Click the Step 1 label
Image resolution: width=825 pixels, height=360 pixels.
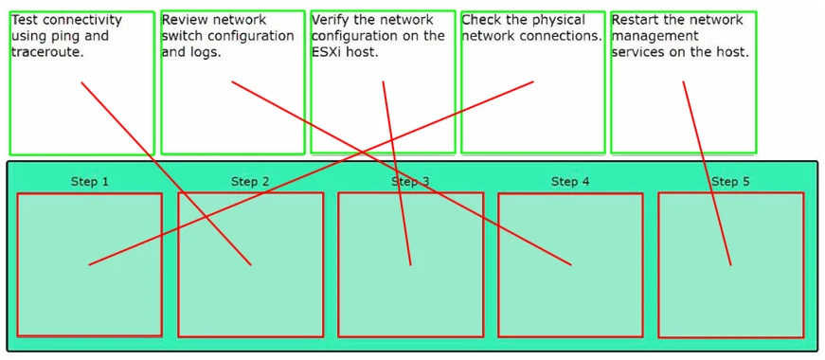[90, 182]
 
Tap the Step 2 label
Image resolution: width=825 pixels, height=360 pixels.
[250, 182]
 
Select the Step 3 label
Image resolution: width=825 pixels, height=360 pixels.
[410, 182]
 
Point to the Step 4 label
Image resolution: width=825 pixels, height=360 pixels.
[570, 182]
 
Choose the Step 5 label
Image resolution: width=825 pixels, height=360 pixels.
[730, 182]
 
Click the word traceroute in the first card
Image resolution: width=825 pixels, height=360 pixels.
[46, 53]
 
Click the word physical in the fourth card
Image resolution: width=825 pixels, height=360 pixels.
[562, 20]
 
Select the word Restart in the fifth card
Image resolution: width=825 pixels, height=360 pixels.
[635, 20]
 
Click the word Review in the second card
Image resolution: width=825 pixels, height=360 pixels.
[185, 20]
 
